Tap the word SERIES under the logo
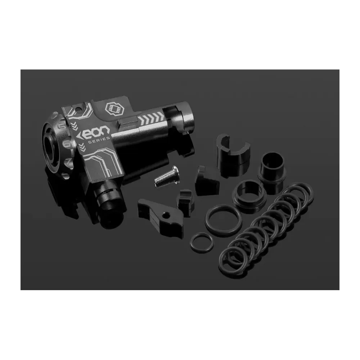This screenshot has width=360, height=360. (99, 140)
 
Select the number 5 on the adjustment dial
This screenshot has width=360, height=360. (62, 127)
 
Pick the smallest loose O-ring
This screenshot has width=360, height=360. (202, 242)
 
